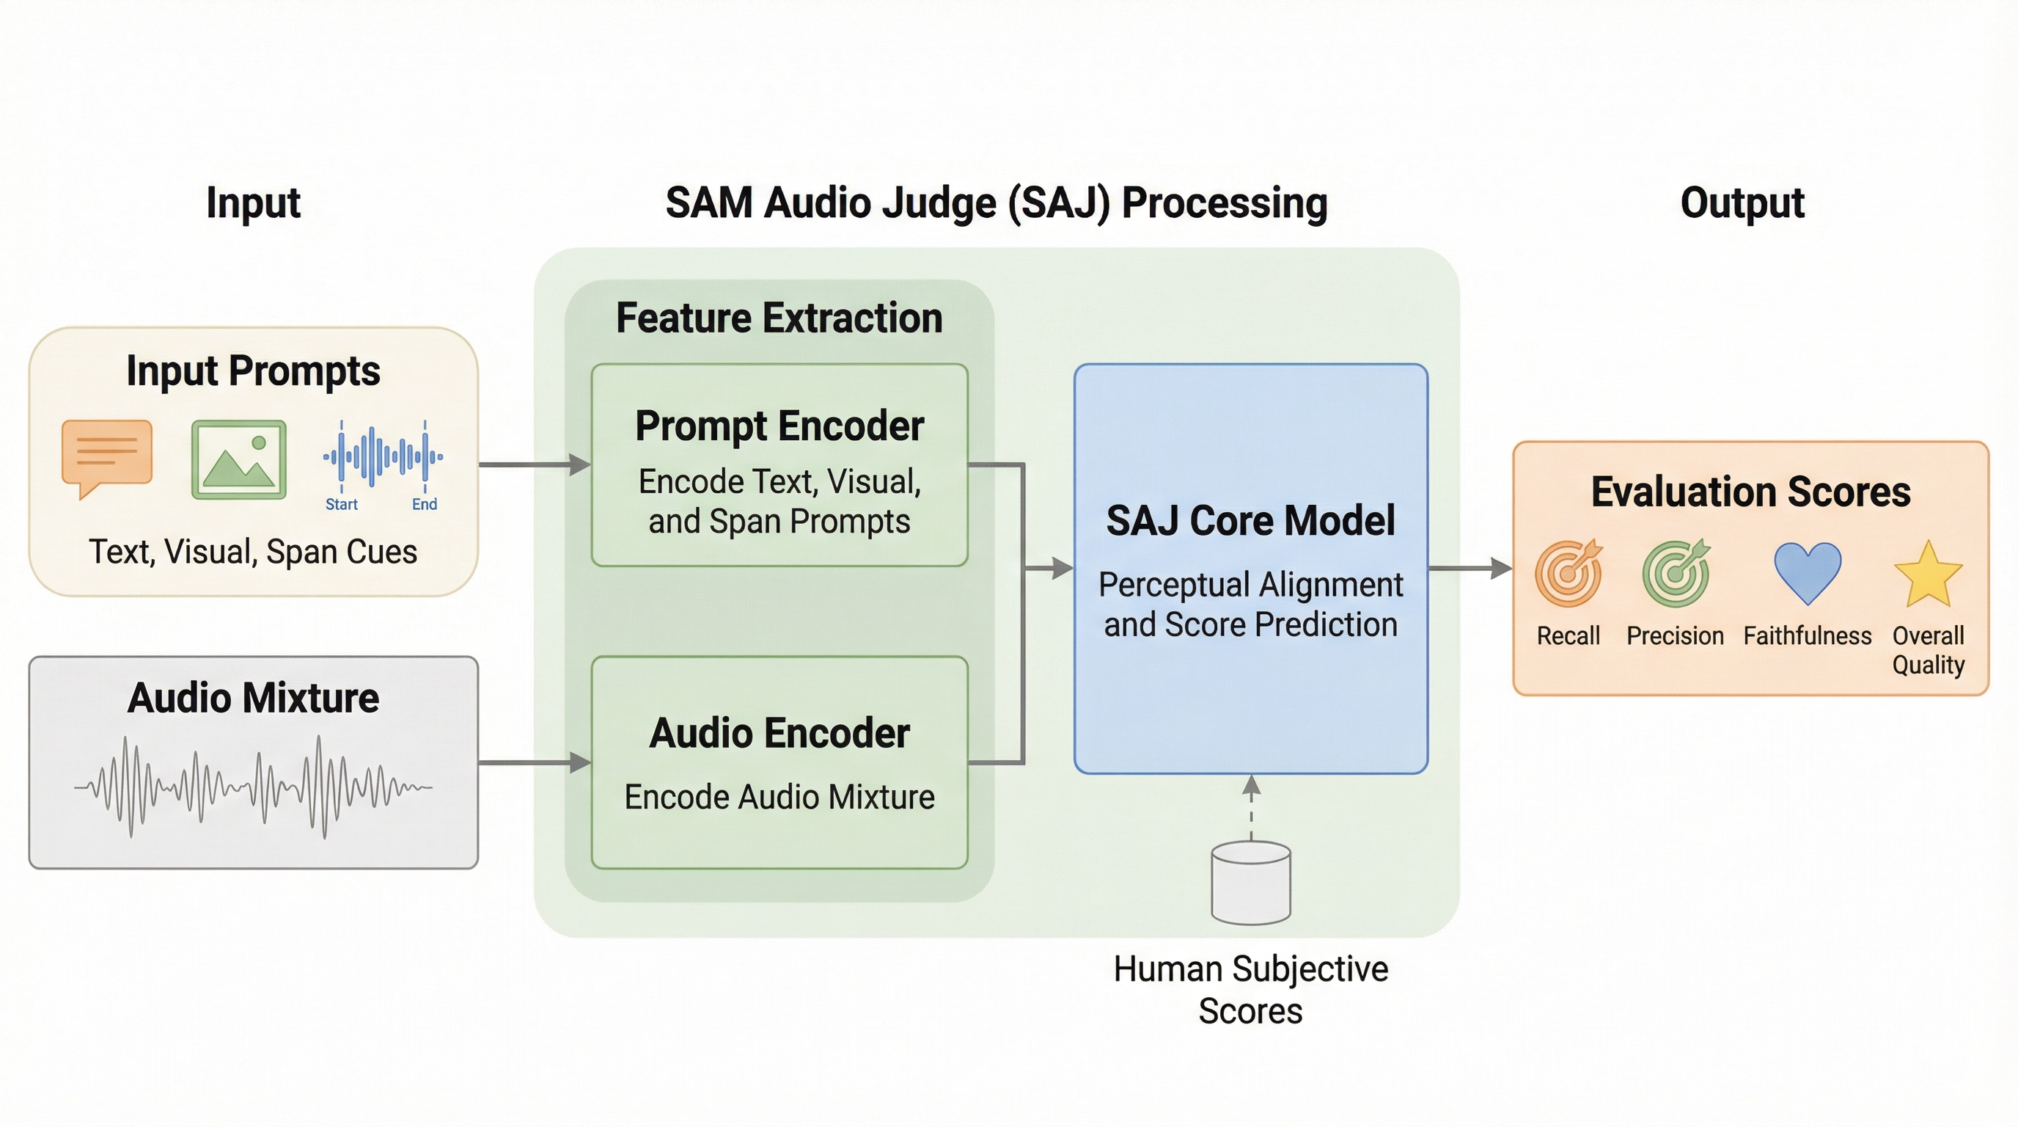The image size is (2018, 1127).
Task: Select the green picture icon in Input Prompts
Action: (x=239, y=459)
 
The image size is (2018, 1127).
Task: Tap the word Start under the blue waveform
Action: (x=342, y=505)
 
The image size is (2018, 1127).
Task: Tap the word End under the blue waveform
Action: (x=425, y=505)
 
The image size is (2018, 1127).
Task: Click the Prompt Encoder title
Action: (x=779, y=426)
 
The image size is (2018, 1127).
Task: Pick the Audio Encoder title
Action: (x=779, y=734)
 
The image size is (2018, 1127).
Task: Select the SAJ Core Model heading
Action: (x=1250, y=521)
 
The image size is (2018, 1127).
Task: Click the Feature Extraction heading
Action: (x=779, y=318)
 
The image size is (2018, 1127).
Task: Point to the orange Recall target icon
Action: (x=1568, y=574)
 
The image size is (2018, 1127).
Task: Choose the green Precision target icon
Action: (x=1676, y=574)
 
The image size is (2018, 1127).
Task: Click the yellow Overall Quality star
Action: (x=1928, y=575)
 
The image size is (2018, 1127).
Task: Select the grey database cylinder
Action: (x=1251, y=883)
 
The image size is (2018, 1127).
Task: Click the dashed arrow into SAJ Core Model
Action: (x=1251, y=807)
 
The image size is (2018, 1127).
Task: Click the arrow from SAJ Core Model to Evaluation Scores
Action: (x=1470, y=568)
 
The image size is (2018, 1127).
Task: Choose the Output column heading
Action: (x=1742, y=203)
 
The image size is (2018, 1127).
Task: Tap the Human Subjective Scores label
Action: (x=1250, y=990)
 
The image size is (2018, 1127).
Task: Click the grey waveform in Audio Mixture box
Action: (x=253, y=787)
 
